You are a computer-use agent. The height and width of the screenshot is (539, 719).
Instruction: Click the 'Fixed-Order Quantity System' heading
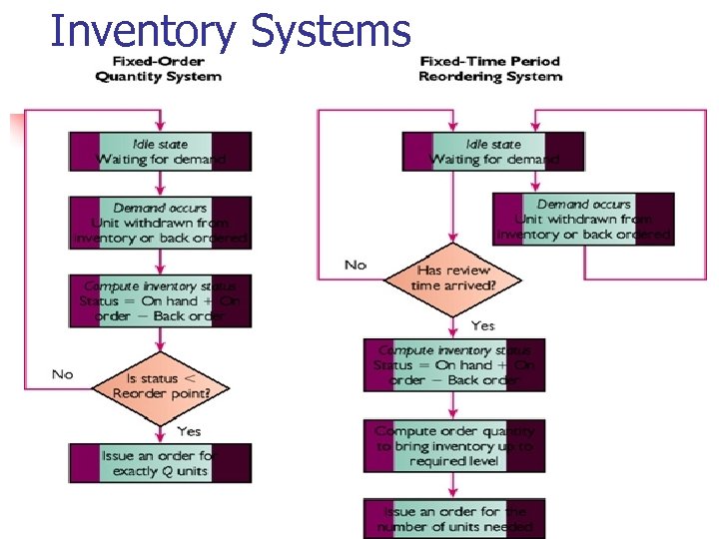point(158,70)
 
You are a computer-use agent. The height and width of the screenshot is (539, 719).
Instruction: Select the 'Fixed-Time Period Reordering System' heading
point(489,69)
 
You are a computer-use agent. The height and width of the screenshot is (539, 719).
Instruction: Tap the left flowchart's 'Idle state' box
point(160,152)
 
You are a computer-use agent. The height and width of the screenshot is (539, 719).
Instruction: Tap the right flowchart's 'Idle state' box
point(493,152)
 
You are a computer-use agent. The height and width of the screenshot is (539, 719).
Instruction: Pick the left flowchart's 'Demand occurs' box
point(160,222)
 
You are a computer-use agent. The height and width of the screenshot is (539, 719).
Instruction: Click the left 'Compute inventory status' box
point(160,301)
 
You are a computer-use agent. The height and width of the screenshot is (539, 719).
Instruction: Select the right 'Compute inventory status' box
point(454,365)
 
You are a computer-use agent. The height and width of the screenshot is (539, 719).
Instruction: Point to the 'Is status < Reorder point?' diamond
point(160,386)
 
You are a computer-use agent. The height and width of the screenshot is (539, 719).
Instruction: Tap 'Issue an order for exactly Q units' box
point(160,463)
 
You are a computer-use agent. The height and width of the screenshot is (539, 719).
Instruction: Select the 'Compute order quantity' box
point(454,446)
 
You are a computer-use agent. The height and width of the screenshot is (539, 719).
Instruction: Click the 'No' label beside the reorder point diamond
point(63,374)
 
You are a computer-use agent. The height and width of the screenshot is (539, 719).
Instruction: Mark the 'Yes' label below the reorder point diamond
point(188,431)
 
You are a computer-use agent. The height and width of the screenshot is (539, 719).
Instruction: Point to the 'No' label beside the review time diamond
point(356,265)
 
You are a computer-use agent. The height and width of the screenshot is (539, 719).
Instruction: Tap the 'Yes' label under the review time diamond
point(482,325)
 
